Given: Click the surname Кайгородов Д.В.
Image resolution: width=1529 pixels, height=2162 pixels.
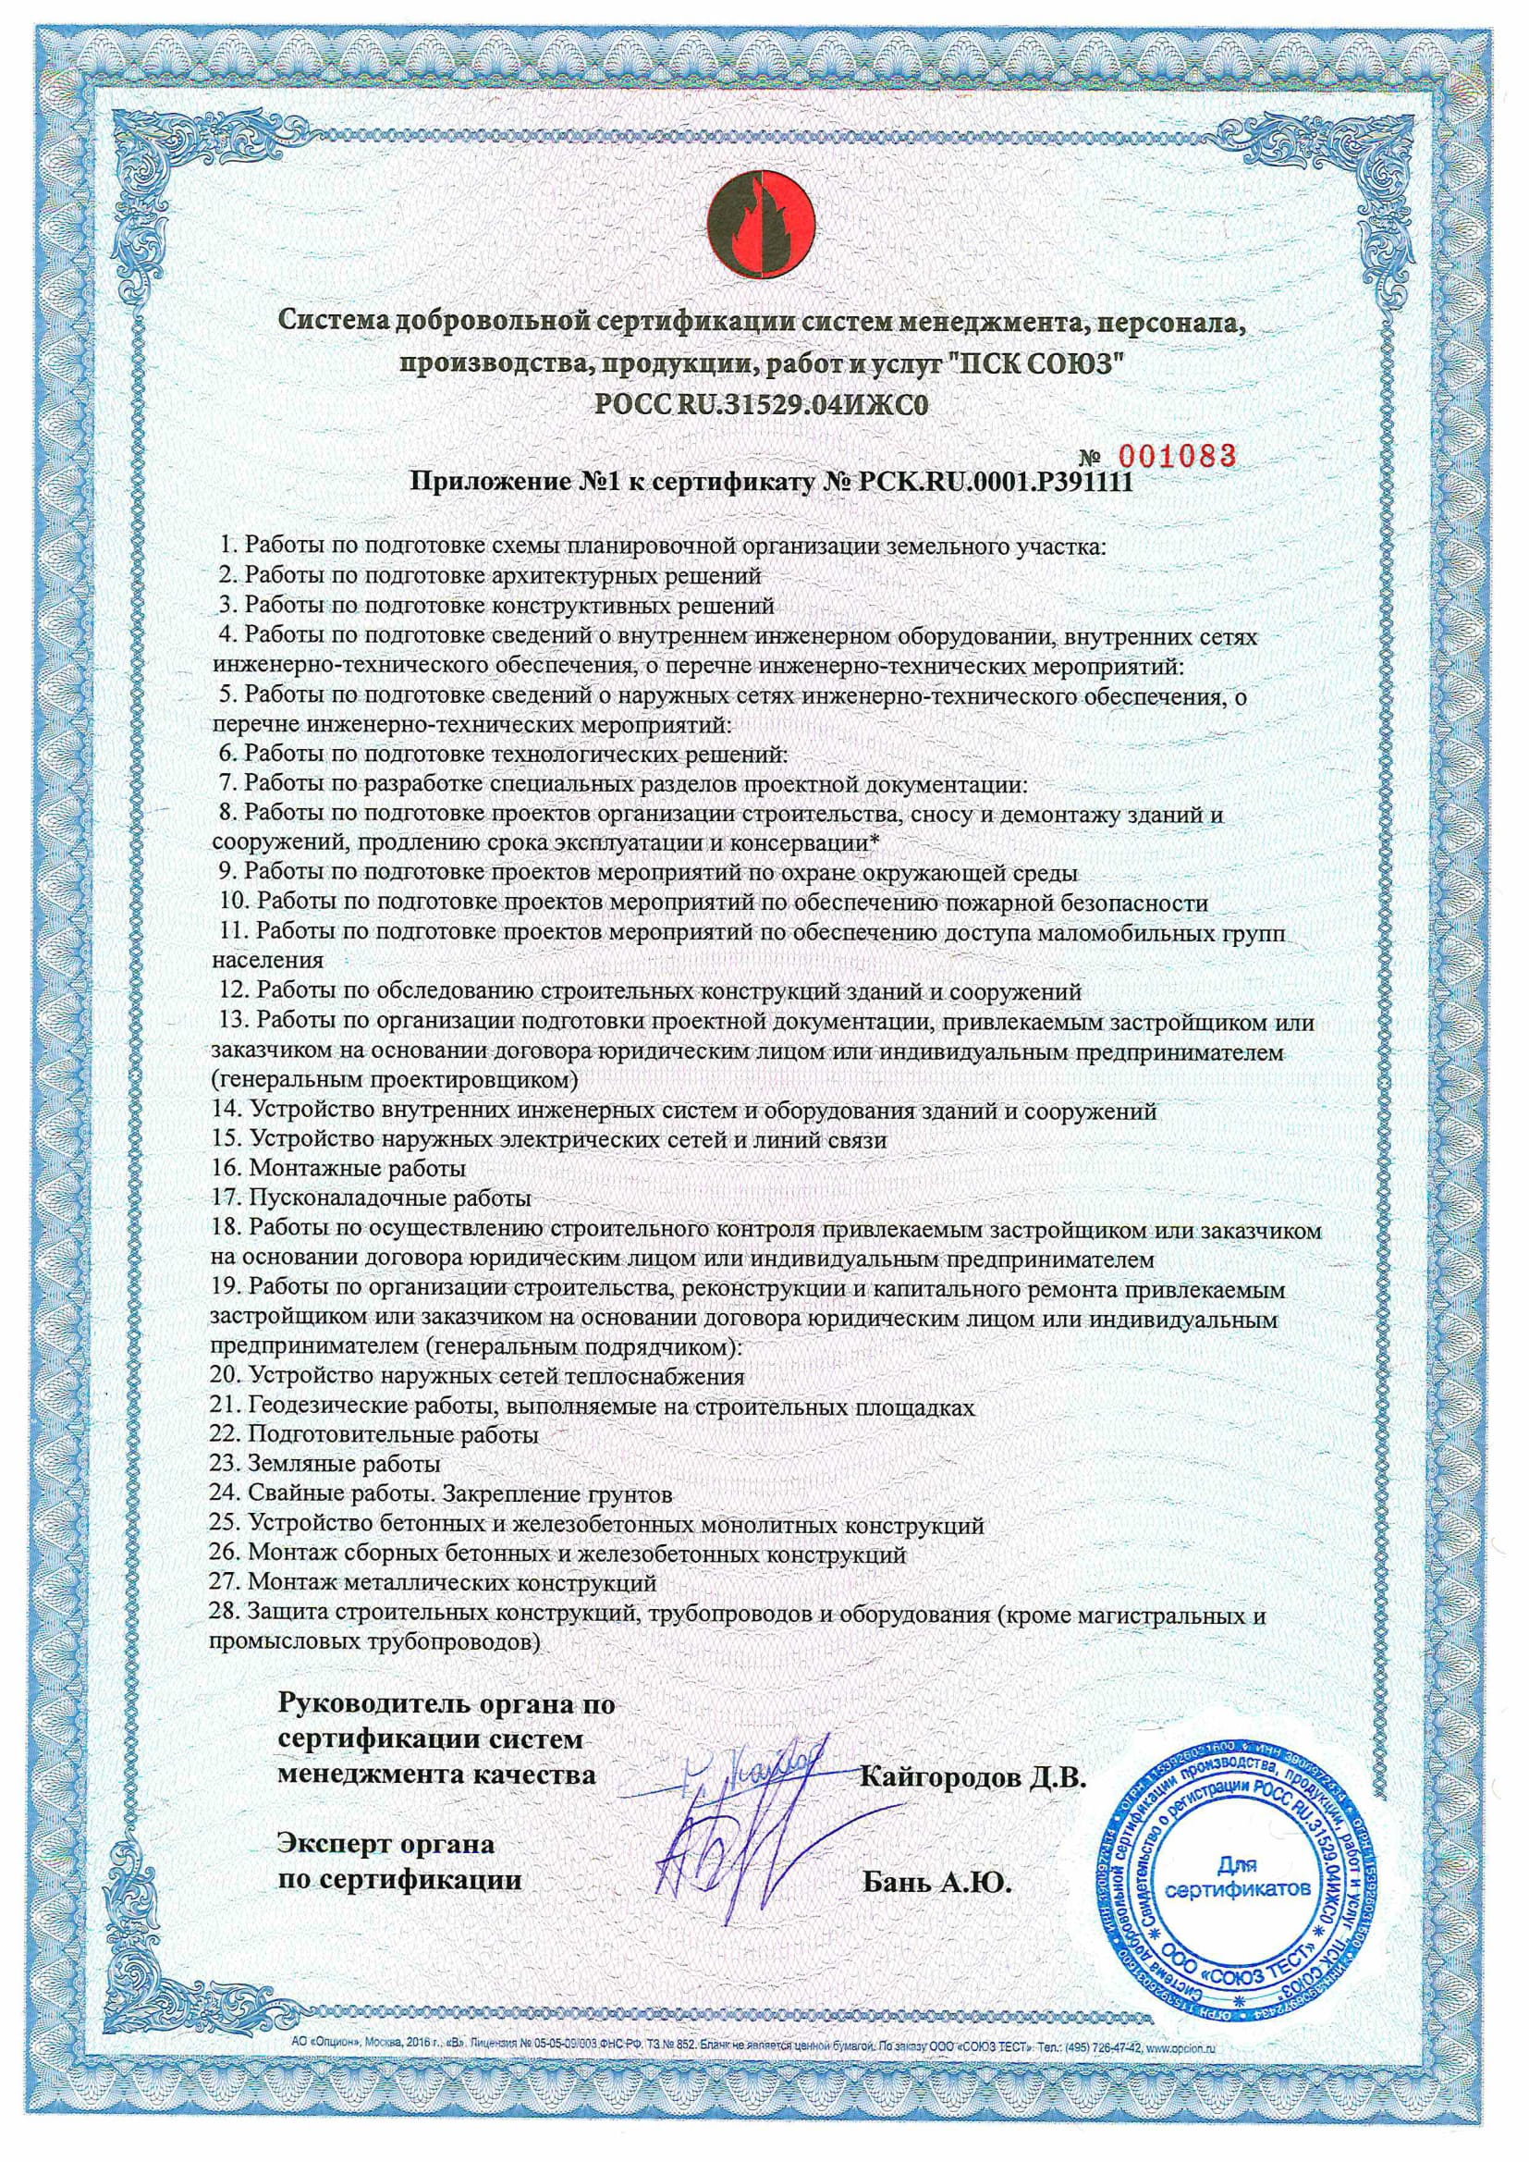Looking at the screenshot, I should tap(973, 1779).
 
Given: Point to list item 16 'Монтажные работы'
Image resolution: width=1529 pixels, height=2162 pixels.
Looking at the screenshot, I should tap(340, 1169).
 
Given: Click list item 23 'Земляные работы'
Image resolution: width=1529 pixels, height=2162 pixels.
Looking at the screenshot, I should tap(326, 1464).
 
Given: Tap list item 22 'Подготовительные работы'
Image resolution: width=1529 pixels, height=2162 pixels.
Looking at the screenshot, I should tap(375, 1435).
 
